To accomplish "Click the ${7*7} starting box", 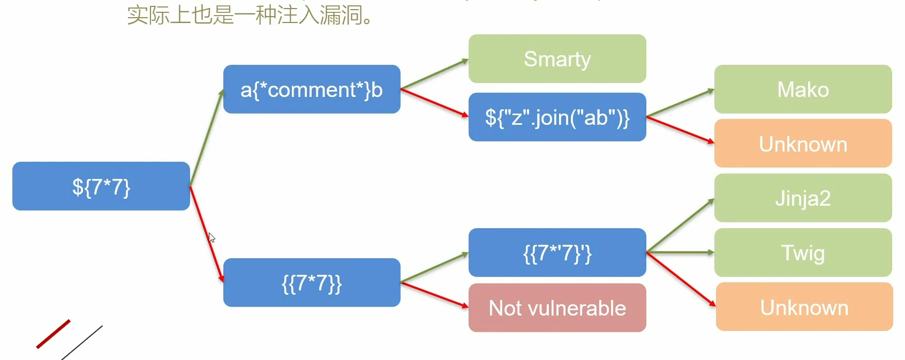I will [101, 186].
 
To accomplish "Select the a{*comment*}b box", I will [312, 89].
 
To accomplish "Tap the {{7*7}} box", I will [312, 283].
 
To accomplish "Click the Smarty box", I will [557, 59].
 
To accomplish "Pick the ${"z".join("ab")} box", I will [557, 117].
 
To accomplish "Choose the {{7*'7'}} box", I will [557, 253].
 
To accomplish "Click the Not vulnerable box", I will [557, 308].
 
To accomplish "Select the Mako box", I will [803, 89].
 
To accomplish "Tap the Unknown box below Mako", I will [803, 144].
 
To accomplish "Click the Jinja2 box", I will [803, 198].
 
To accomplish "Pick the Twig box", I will [803, 253].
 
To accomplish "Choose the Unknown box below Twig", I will [804, 307].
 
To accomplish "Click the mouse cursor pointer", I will [211, 237].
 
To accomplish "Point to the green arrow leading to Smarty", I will [434, 74].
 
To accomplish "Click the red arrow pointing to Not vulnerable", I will [434, 295].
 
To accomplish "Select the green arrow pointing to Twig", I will [680, 252].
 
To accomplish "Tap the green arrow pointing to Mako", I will [680, 103].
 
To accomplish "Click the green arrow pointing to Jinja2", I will [680, 226].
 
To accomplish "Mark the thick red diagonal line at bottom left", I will [54, 334].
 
